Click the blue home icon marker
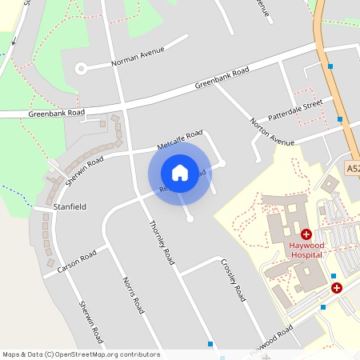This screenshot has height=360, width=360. tap(180, 173)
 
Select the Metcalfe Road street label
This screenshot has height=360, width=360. tap(180, 139)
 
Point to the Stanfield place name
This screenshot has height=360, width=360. tap(70, 206)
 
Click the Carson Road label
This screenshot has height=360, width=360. tap(77, 261)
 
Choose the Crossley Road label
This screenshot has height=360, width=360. tap(233, 281)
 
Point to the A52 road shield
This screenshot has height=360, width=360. tap(353, 169)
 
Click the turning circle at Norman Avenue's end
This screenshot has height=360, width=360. tap(81, 69)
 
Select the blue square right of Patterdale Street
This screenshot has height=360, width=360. tap(340, 119)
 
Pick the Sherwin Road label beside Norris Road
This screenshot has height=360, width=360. tap(90, 320)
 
